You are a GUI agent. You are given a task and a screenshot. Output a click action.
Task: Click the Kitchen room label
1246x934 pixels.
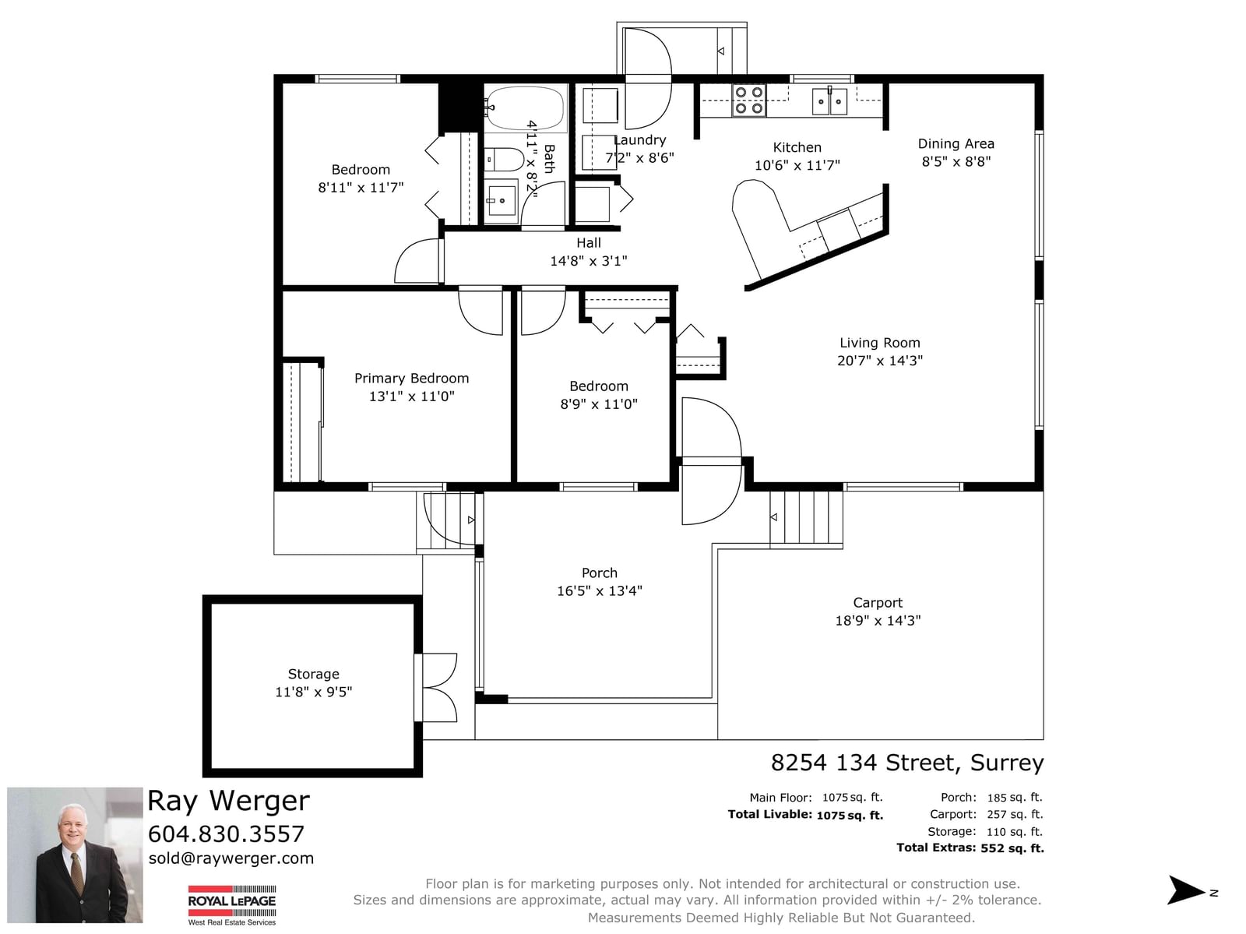pyautogui.click(x=797, y=148)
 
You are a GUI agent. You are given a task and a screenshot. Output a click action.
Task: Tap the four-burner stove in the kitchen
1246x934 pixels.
pyautogui.click(x=748, y=100)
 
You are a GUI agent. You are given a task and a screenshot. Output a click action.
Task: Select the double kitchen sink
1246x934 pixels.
pyautogui.click(x=829, y=101)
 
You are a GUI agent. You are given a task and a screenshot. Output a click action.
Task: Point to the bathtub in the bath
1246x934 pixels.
pyautogui.click(x=525, y=108)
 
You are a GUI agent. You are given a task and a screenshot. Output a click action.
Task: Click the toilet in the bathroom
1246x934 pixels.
pyautogui.click(x=504, y=160)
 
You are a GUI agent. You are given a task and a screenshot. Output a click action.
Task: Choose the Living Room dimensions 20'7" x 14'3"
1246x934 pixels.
pyautogui.click(x=880, y=361)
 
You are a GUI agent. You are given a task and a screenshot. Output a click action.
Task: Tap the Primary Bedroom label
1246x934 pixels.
pyautogui.click(x=411, y=378)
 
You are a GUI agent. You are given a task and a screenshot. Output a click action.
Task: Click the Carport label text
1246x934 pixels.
pyautogui.click(x=878, y=602)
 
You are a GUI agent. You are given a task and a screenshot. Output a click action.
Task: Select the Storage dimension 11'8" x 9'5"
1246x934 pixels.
pyautogui.click(x=313, y=692)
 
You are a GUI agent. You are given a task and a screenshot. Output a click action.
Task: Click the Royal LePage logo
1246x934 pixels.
pyautogui.click(x=232, y=904)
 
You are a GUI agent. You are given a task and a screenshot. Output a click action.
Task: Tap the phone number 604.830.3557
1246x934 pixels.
pyautogui.click(x=227, y=834)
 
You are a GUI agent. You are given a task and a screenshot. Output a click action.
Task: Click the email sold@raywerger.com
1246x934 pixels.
pyautogui.click(x=231, y=858)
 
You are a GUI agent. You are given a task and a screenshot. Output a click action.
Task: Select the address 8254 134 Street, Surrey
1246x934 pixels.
pyautogui.click(x=907, y=763)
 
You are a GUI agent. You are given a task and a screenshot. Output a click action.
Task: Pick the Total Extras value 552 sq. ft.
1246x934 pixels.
pyautogui.click(x=1012, y=848)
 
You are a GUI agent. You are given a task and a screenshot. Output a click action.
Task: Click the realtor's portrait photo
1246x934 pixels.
pyautogui.click(x=75, y=855)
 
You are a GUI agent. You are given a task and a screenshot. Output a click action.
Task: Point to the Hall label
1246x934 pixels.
pyautogui.click(x=589, y=243)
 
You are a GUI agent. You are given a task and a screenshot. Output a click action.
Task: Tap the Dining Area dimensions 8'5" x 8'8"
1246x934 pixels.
pyautogui.click(x=956, y=162)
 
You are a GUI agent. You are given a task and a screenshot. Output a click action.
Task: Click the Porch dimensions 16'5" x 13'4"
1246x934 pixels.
pyautogui.click(x=600, y=591)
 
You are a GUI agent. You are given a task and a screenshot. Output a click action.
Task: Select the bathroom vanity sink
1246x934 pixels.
pyautogui.click(x=502, y=199)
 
